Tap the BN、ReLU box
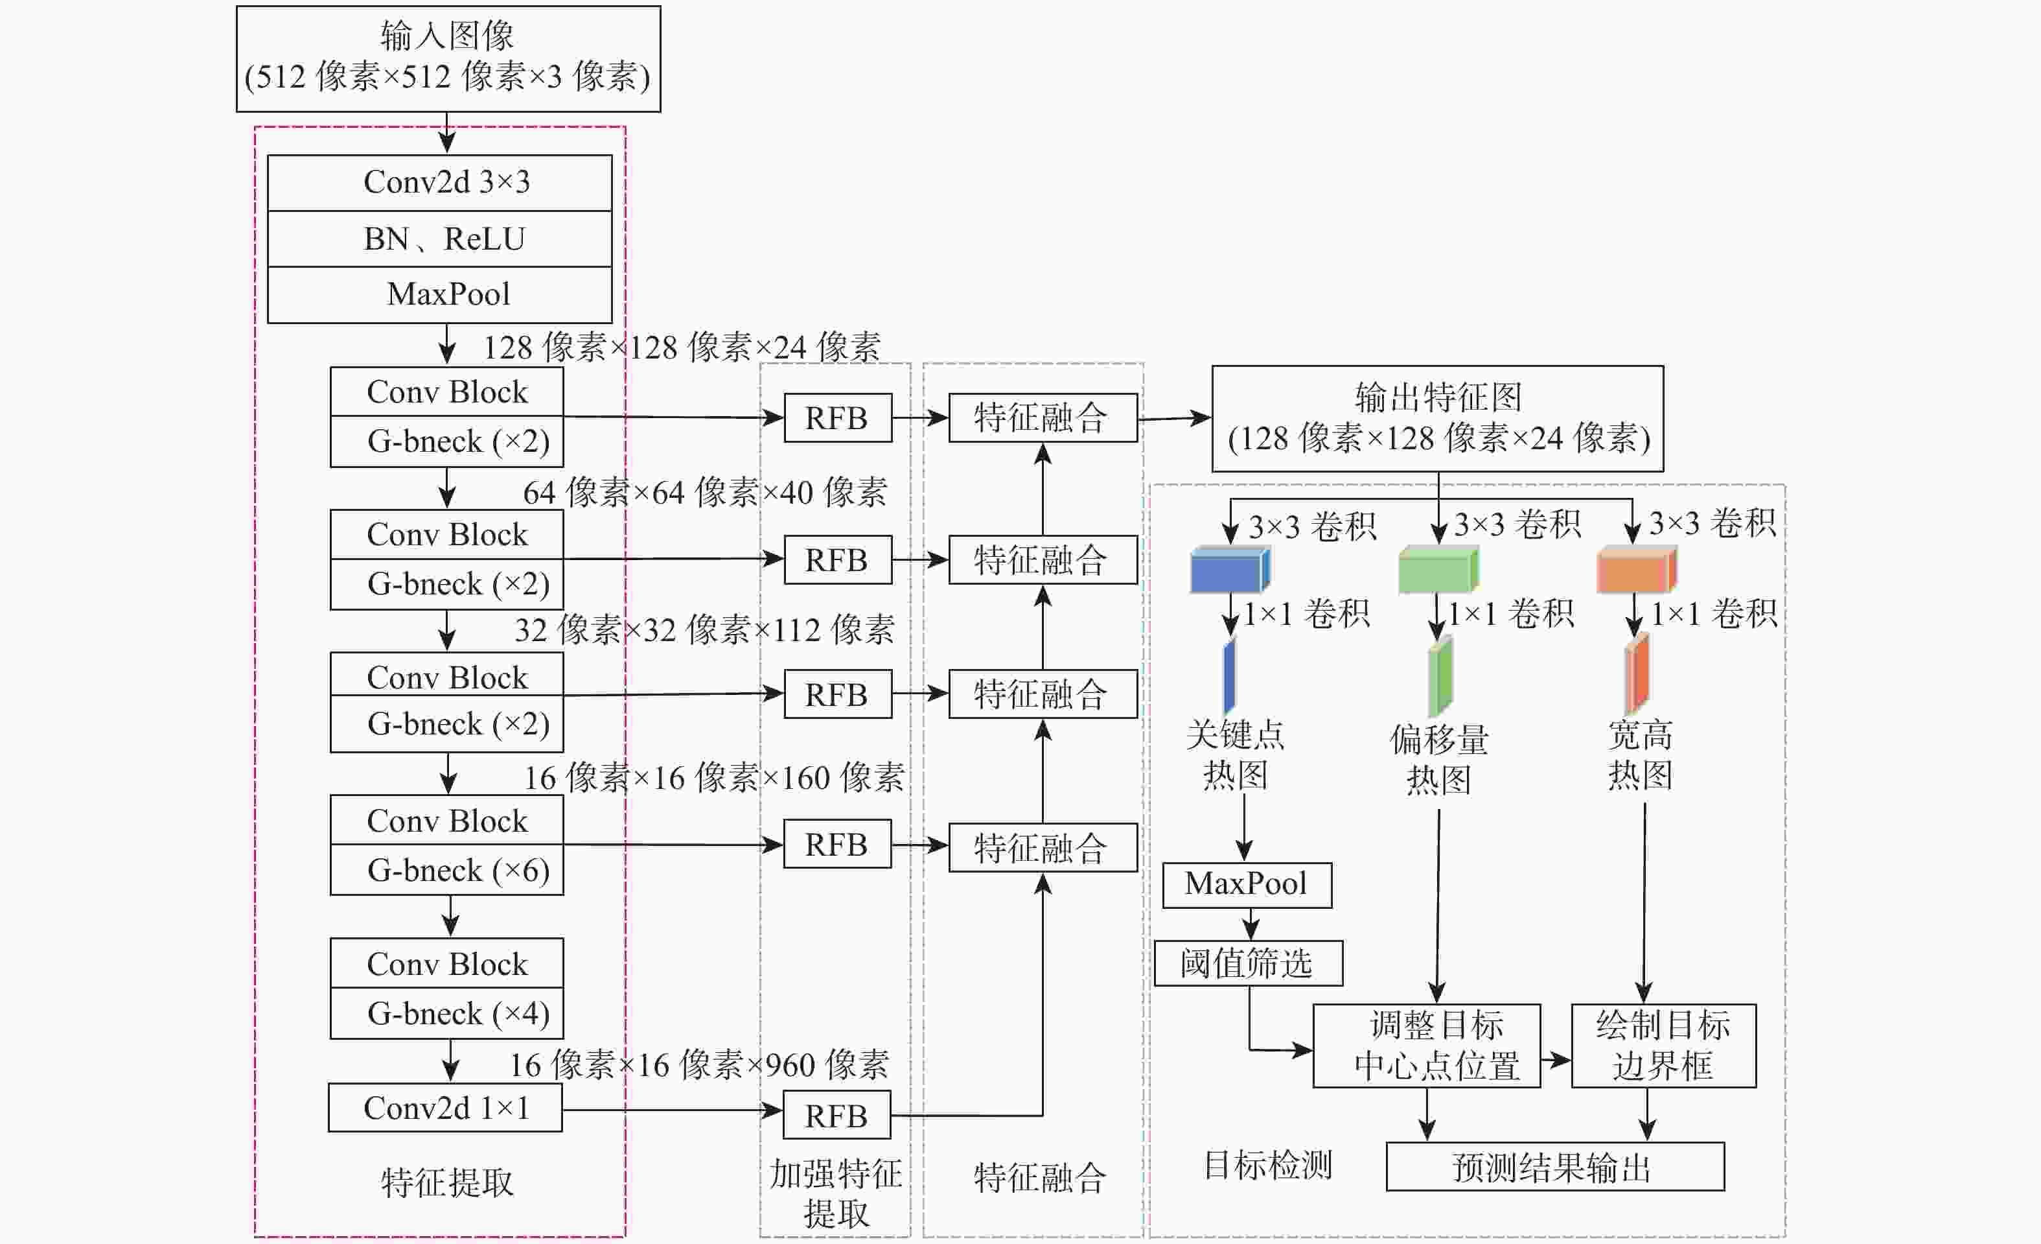(440, 239)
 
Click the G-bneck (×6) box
(446, 869)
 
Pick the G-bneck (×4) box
(446, 1013)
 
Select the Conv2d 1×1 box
(446, 1108)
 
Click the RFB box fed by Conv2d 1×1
(836, 1116)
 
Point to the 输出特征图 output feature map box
(1437, 419)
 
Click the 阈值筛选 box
(1249, 963)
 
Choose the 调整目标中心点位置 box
(1426, 1046)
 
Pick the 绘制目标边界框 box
(1663, 1046)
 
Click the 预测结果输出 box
(1555, 1167)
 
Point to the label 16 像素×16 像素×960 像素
(699, 1065)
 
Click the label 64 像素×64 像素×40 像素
(705, 492)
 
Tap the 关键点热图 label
(1235, 754)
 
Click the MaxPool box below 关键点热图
(1247, 885)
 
